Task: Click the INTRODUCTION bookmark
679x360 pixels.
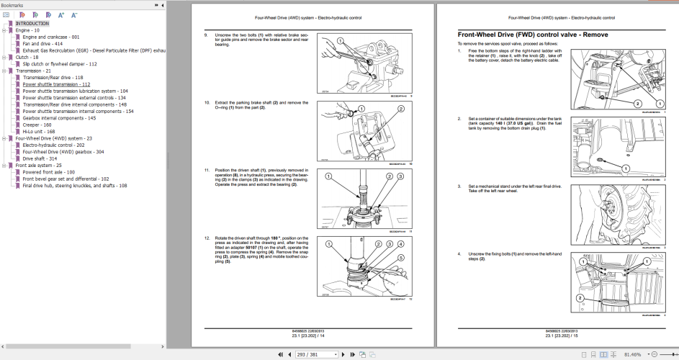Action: coord(32,23)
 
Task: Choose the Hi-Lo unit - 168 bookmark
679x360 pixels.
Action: coord(39,132)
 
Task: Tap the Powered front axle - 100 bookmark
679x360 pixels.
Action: coord(48,172)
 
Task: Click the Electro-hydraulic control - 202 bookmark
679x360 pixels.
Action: coord(53,145)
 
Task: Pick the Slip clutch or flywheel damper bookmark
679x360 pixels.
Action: coord(60,63)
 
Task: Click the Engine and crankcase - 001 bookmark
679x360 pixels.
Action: coord(51,37)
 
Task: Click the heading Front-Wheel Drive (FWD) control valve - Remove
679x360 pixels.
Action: coord(533,35)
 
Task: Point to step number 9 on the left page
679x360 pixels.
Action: coord(206,35)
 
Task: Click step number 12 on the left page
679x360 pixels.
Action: coord(207,237)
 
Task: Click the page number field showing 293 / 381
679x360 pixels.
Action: coord(317,354)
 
